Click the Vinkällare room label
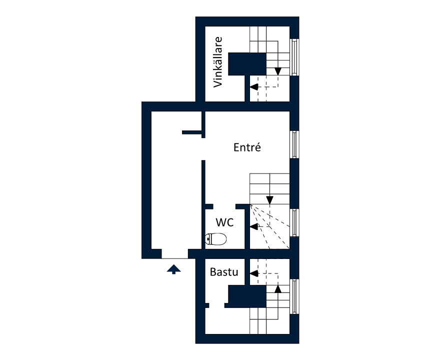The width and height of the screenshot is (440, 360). point(218,62)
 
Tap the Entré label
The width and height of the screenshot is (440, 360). point(247,147)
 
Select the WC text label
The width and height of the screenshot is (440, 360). point(225,222)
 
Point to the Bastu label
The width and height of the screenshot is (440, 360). point(224,272)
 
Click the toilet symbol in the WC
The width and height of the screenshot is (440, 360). point(215,239)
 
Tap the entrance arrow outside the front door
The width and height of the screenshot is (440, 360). point(173,269)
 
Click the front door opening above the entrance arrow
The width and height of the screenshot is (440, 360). point(174,258)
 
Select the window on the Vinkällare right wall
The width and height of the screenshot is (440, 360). point(294,57)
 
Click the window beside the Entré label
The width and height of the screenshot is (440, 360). point(294,144)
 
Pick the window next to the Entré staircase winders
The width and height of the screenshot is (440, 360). point(294,223)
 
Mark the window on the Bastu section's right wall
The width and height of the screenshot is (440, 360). point(294,296)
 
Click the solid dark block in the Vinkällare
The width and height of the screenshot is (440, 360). point(247,64)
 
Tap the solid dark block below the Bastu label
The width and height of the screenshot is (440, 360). point(247,296)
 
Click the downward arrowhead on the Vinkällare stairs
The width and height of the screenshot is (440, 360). point(278,71)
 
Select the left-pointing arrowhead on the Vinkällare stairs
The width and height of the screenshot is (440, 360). point(254,87)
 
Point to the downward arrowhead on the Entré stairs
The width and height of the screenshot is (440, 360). point(269,200)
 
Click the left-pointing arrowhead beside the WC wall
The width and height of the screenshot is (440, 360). point(254,226)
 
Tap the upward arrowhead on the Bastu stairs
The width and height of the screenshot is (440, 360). point(278,289)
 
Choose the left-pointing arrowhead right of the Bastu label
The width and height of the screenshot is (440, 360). point(254,273)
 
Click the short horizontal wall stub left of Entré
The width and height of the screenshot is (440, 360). point(192,132)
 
